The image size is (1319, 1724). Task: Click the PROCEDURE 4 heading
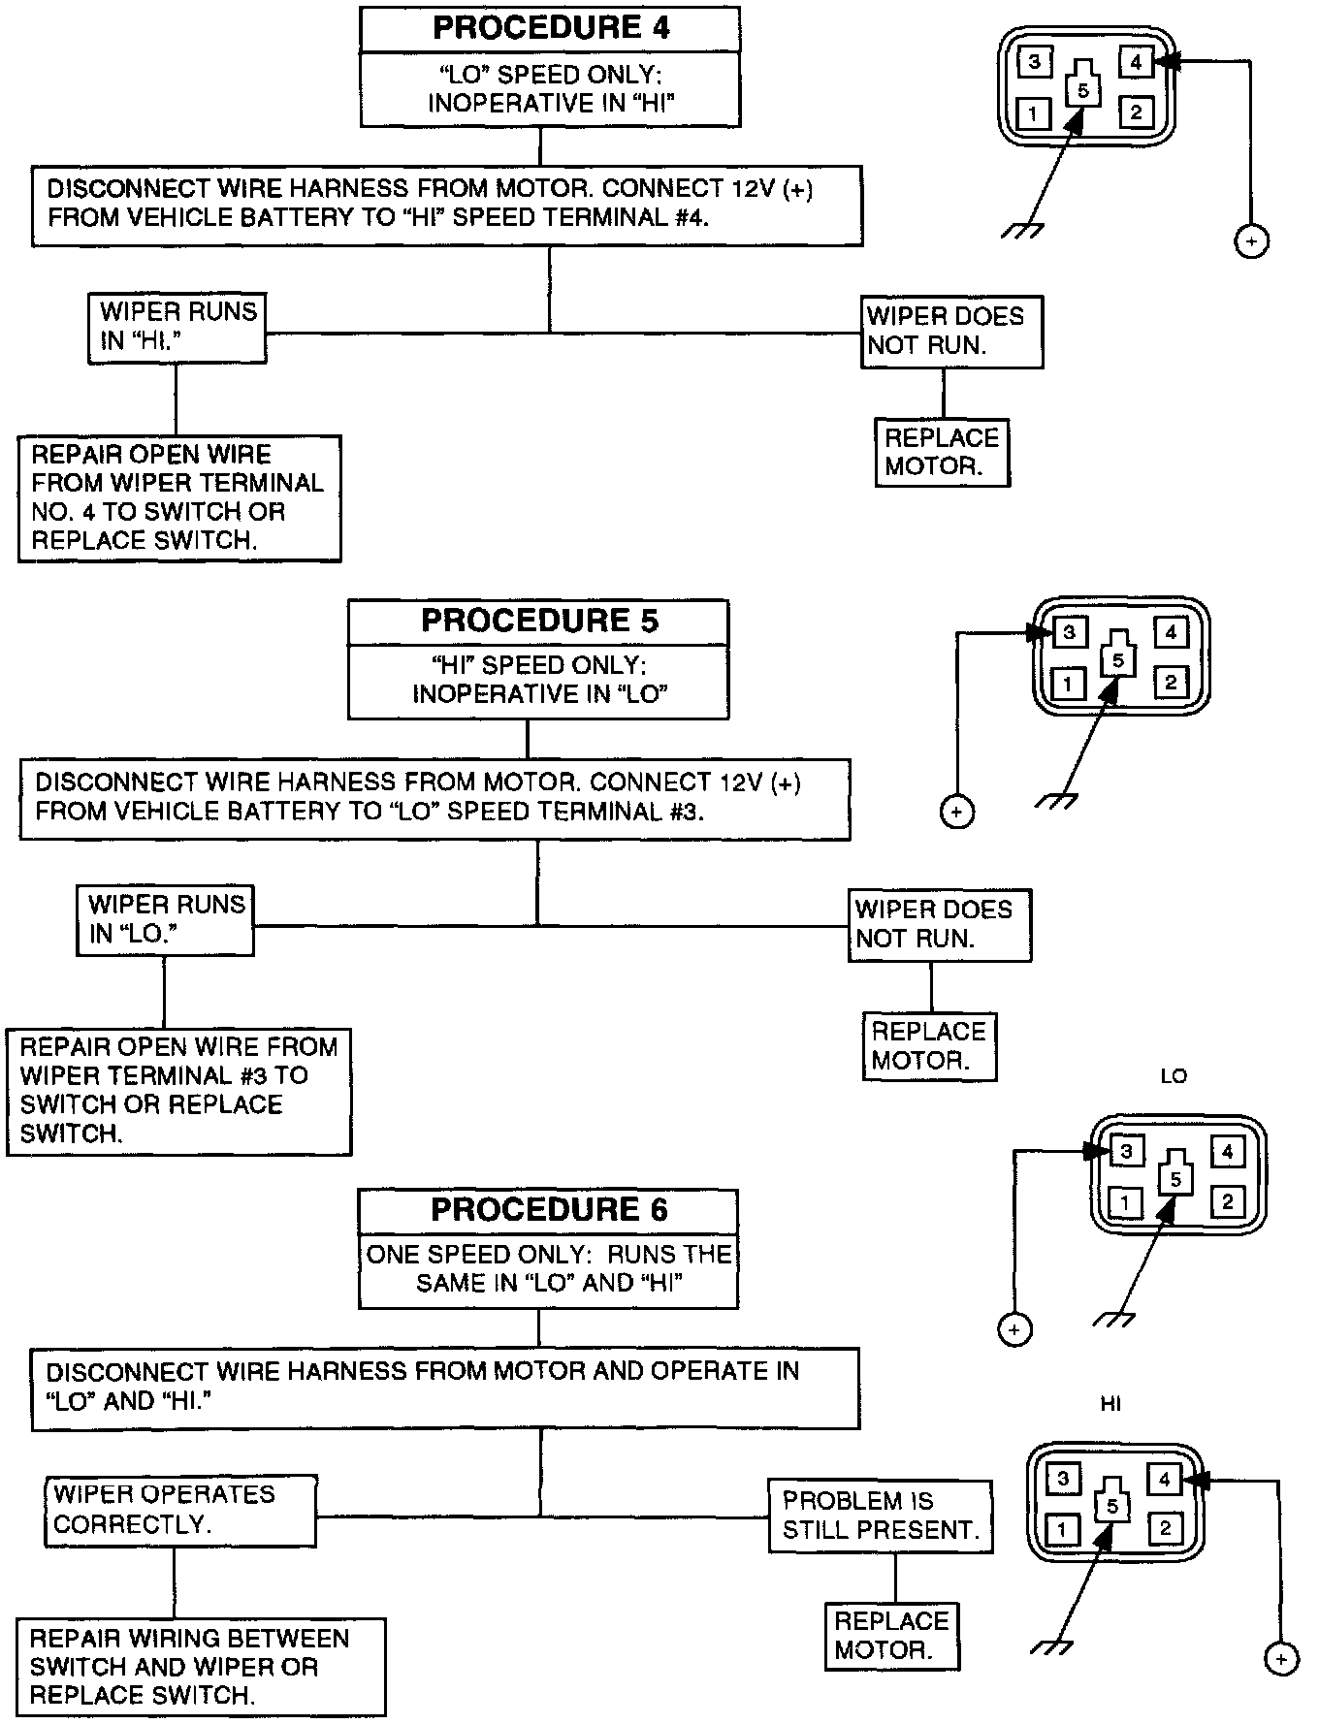pyautogui.click(x=550, y=28)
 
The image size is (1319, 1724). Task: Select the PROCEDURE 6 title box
pyautogui.click(x=548, y=1210)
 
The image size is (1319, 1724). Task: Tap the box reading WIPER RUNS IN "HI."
pyautogui.click(x=177, y=328)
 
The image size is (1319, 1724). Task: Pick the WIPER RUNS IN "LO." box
pyautogui.click(x=165, y=919)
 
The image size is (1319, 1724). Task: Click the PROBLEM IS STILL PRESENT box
pyautogui.click(x=881, y=1516)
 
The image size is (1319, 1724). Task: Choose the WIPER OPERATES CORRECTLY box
pyautogui.click(x=180, y=1510)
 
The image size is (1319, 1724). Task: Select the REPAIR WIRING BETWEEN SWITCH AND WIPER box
pyautogui.click(x=201, y=1667)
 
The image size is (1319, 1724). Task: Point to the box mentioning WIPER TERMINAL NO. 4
pyautogui.click(x=179, y=497)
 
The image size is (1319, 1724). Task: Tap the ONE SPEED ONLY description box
pyautogui.click(x=548, y=1269)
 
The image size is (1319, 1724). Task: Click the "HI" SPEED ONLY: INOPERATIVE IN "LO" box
pyautogui.click(x=538, y=681)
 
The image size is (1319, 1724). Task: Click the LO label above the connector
pyautogui.click(x=1174, y=1076)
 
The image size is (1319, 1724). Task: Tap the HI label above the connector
pyautogui.click(x=1110, y=1403)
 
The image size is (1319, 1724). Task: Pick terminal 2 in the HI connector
pyautogui.click(x=1164, y=1529)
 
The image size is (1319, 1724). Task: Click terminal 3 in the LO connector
pyautogui.click(x=1126, y=1152)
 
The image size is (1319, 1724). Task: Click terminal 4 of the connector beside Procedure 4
pyautogui.click(x=1136, y=63)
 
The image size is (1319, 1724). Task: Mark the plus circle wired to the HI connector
pyautogui.click(x=1281, y=1658)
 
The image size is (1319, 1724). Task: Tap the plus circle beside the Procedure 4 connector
pyautogui.click(x=1251, y=240)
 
